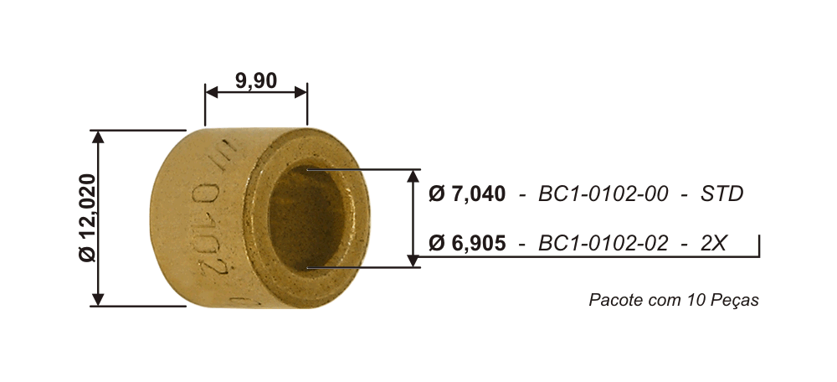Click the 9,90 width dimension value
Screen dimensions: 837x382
click(256, 81)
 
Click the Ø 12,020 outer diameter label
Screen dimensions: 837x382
click(87, 218)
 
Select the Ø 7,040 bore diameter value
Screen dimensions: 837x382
click(467, 194)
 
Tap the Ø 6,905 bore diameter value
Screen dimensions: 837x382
click(467, 243)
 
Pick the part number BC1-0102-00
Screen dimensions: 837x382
click(603, 194)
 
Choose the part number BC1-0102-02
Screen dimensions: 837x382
click(603, 243)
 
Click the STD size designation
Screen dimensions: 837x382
click(721, 194)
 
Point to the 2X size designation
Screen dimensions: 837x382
click(713, 243)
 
